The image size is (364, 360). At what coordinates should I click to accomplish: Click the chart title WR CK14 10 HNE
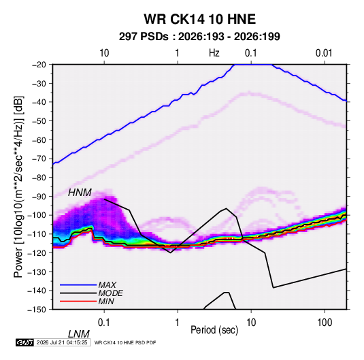pyautogui.click(x=199, y=19)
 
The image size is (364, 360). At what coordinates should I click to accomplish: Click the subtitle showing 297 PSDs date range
pyautogui.click(x=199, y=37)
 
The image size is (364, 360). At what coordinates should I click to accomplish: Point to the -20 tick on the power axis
pyautogui.click(x=39, y=65)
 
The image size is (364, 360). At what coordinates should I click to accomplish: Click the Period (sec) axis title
pyautogui.click(x=214, y=330)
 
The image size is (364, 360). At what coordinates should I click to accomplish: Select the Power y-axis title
pyautogui.click(x=18, y=187)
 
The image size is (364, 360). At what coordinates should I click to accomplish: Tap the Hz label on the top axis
pyautogui.click(x=214, y=53)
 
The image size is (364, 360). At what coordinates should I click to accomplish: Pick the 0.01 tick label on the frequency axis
pyautogui.click(x=324, y=53)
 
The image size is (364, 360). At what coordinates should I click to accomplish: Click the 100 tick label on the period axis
pyautogui.click(x=325, y=323)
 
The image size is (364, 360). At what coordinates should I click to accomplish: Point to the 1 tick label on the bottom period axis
pyautogui.click(x=177, y=323)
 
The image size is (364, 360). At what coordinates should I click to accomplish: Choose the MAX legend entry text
pyautogui.click(x=107, y=285)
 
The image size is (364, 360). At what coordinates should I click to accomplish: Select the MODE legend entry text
pyautogui.click(x=110, y=293)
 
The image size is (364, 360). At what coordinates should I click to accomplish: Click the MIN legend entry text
pyautogui.click(x=106, y=301)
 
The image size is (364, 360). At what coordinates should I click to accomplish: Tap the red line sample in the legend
pyautogui.click(x=78, y=301)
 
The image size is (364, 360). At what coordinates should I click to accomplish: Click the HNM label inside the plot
pyautogui.click(x=80, y=193)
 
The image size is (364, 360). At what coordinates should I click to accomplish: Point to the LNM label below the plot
pyautogui.click(x=79, y=334)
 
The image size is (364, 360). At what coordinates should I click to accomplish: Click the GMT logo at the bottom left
pyautogui.click(x=25, y=342)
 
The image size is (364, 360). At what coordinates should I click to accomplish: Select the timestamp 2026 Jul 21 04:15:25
pyautogui.click(x=62, y=342)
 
